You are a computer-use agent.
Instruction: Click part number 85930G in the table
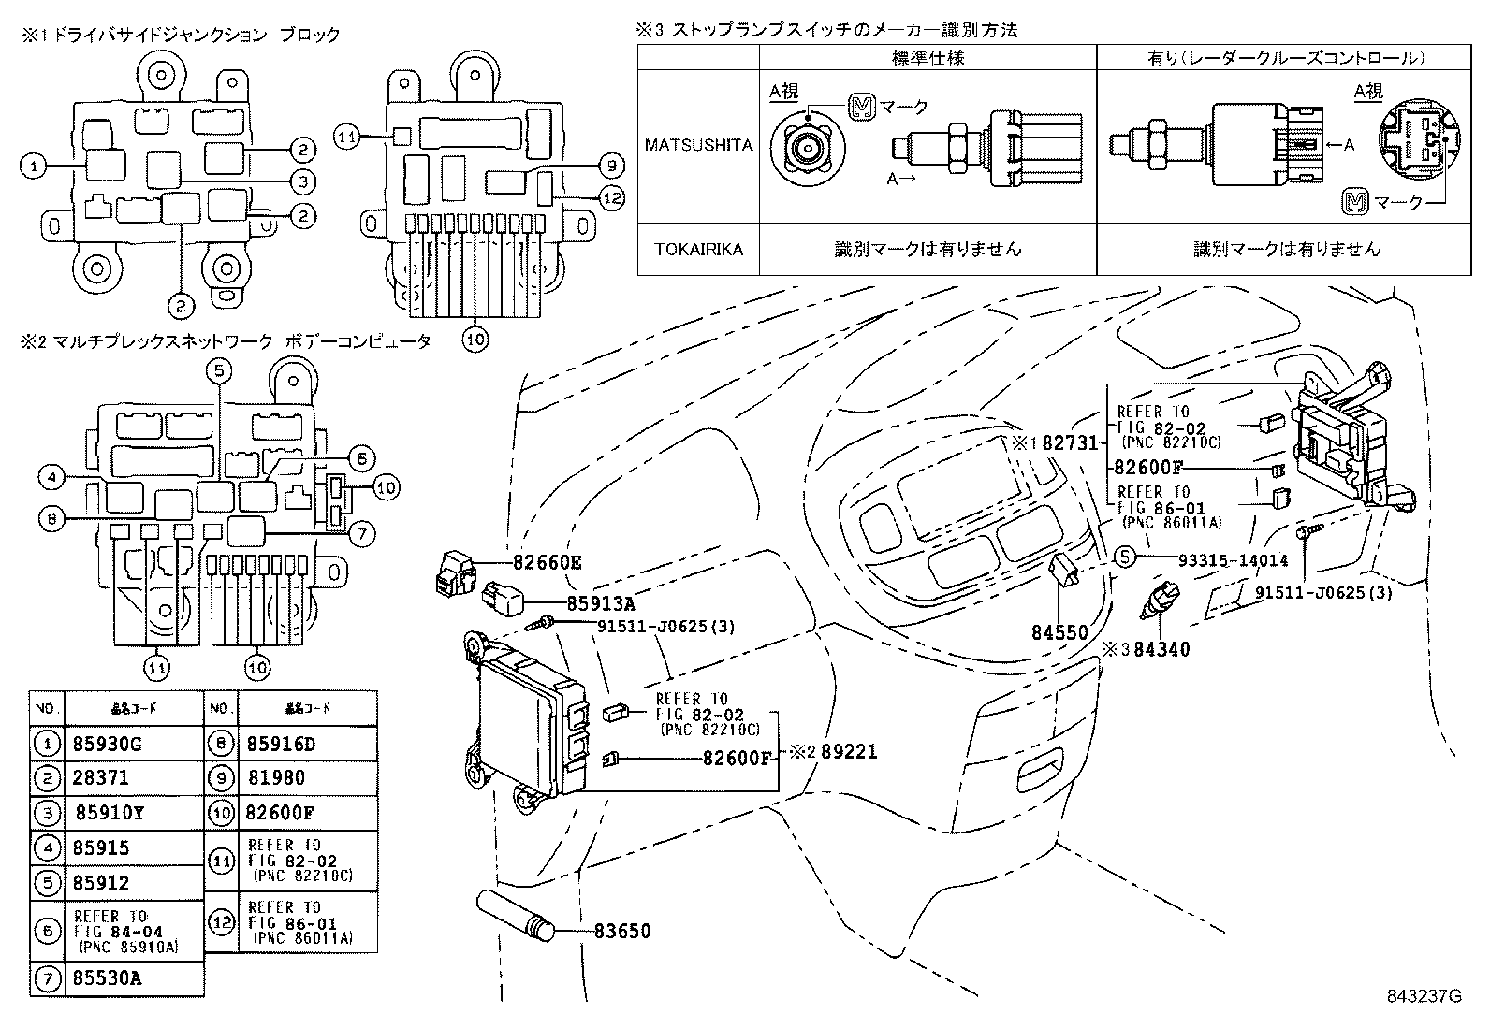click(x=109, y=745)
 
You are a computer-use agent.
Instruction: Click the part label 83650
click(x=621, y=931)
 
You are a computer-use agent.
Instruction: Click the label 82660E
click(x=548, y=562)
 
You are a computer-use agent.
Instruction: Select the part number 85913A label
click(x=601, y=604)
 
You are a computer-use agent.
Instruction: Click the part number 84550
click(x=1059, y=632)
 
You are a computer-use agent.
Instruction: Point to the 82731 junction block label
click(x=1069, y=442)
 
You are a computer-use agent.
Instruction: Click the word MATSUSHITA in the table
click(x=698, y=145)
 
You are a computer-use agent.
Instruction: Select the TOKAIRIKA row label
click(x=698, y=250)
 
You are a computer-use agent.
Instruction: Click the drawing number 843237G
click(x=1423, y=995)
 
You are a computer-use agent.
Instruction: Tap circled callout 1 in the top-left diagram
click(x=33, y=167)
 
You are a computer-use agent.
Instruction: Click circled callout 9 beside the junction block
click(x=610, y=167)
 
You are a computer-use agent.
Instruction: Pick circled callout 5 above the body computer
click(x=218, y=371)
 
